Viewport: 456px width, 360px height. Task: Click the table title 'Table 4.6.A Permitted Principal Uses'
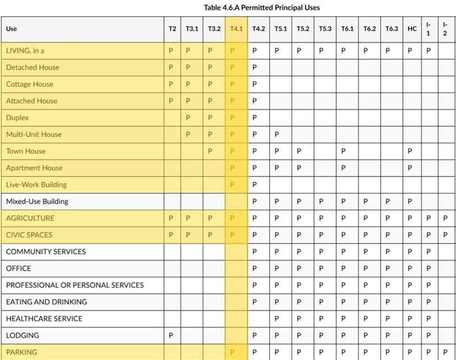coord(262,7)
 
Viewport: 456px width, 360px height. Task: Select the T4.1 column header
coord(236,29)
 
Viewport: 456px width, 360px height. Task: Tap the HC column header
coord(412,29)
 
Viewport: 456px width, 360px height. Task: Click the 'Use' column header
coord(11,29)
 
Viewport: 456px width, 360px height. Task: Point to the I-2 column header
coord(445,29)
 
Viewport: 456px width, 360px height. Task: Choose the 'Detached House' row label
coord(32,67)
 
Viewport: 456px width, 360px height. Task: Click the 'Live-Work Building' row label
coord(36,185)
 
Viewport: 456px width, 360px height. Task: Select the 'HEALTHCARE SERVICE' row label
coord(44,319)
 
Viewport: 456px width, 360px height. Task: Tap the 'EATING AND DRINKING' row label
coord(46,302)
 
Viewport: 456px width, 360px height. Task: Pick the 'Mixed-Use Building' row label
coord(37,202)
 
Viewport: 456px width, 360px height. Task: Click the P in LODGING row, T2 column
coord(171,336)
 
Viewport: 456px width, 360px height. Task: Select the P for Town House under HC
coord(410,151)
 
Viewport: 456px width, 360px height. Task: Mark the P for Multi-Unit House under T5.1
coord(276,135)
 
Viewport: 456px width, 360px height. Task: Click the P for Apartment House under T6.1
coord(343,168)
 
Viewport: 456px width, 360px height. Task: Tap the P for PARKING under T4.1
coord(232,352)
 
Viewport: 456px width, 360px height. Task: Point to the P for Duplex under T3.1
coord(188,118)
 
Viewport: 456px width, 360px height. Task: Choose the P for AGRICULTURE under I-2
coord(445,218)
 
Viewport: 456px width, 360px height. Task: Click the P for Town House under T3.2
coord(210,151)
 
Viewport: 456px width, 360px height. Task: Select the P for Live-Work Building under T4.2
coord(254,185)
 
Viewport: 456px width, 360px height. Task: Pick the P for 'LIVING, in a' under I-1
coord(428,51)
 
